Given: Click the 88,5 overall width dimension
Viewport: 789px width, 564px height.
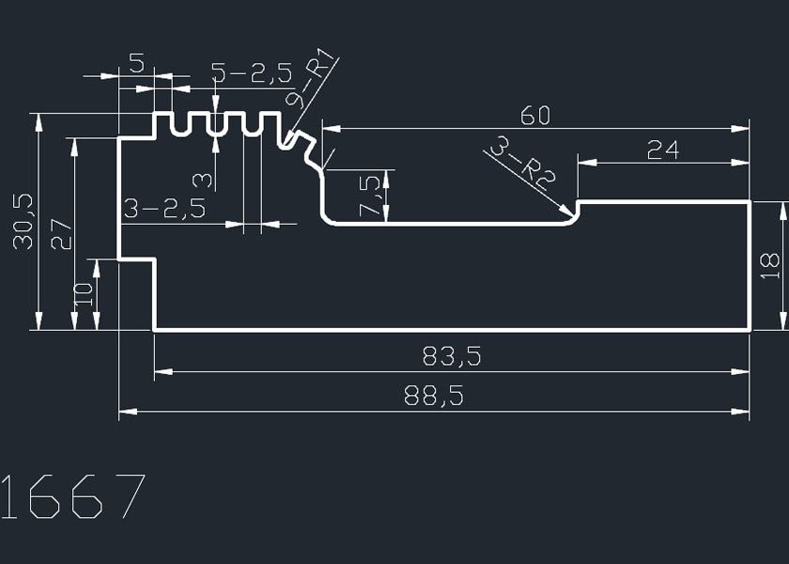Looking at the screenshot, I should pos(433,397).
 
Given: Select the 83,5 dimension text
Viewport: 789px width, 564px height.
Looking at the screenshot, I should pos(452,357).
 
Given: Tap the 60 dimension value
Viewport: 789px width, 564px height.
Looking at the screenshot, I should pos(534,116).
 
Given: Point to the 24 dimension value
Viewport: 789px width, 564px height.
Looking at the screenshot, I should pos(663,149).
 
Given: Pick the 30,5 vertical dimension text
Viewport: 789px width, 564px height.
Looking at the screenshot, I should pos(23,221).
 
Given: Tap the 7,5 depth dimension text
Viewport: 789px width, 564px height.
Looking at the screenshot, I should pos(372,195).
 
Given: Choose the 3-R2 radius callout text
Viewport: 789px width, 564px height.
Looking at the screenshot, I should pos(522,166).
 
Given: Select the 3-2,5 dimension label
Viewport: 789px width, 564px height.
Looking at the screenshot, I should pos(164,209).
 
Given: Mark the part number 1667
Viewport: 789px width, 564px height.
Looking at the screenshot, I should pos(73,496).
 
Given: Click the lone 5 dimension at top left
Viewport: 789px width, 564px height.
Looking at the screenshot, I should pos(136,64).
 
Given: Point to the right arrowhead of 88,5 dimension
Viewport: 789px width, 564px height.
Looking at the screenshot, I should pos(743,412).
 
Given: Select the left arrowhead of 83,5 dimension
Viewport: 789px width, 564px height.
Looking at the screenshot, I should pos(162,372).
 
